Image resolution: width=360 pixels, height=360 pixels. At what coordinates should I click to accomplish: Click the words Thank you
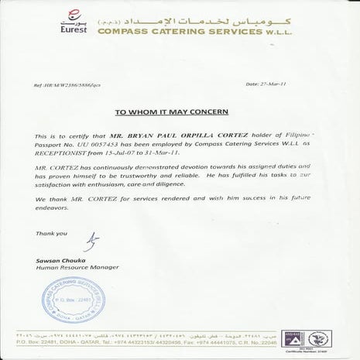[46, 231]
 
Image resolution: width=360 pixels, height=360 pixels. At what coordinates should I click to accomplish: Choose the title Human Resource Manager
[68, 269]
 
